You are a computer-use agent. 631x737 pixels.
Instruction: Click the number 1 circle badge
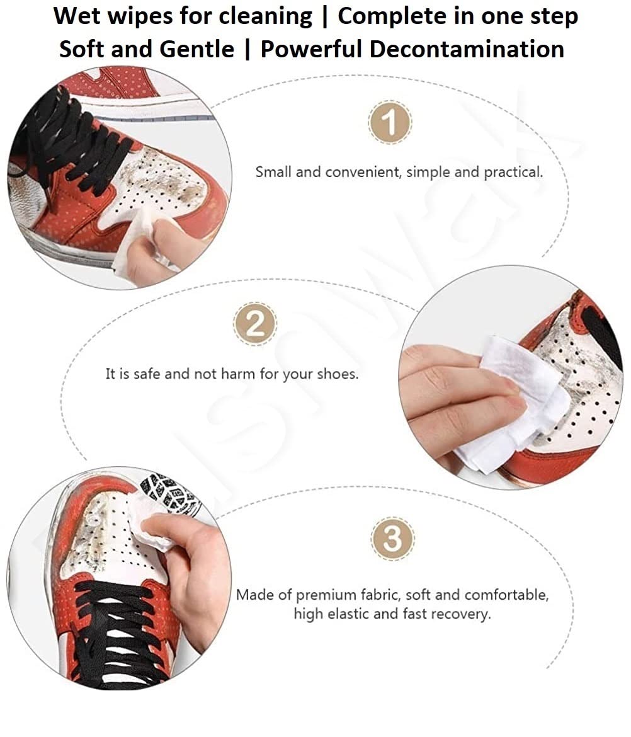point(390,122)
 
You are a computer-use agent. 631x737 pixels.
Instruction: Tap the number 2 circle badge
point(256,325)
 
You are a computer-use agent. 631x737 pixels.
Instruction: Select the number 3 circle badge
point(392,539)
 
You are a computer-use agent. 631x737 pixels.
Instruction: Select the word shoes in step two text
point(338,374)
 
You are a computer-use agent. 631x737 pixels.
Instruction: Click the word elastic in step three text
point(355,614)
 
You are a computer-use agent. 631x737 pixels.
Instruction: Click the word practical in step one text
point(512,172)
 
